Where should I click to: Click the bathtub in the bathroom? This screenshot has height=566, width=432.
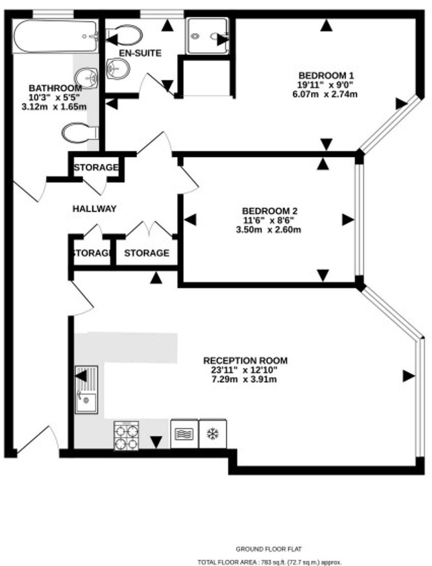(55, 36)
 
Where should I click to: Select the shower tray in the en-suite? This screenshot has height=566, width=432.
(207, 36)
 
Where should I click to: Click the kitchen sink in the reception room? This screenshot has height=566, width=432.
(86, 390)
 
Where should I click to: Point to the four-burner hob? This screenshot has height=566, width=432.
(126, 435)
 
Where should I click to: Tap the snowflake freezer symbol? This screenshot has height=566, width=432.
(213, 434)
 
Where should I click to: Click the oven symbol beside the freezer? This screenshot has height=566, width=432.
(184, 434)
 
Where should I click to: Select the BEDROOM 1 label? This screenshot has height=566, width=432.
(326, 75)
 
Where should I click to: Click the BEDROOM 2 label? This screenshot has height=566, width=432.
(270, 211)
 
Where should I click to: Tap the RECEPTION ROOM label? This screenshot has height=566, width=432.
(245, 360)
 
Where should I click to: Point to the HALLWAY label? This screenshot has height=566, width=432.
(94, 209)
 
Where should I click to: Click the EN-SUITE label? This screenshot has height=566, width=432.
(140, 53)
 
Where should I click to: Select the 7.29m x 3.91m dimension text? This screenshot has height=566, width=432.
(244, 380)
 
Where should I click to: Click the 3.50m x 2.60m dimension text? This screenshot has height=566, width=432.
(268, 229)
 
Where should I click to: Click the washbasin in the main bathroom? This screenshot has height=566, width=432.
(86, 77)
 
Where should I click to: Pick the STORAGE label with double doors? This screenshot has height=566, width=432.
(146, 253)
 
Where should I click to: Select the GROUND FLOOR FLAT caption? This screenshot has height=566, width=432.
(269, 549)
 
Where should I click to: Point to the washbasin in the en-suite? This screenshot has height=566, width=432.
(118, 69)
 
